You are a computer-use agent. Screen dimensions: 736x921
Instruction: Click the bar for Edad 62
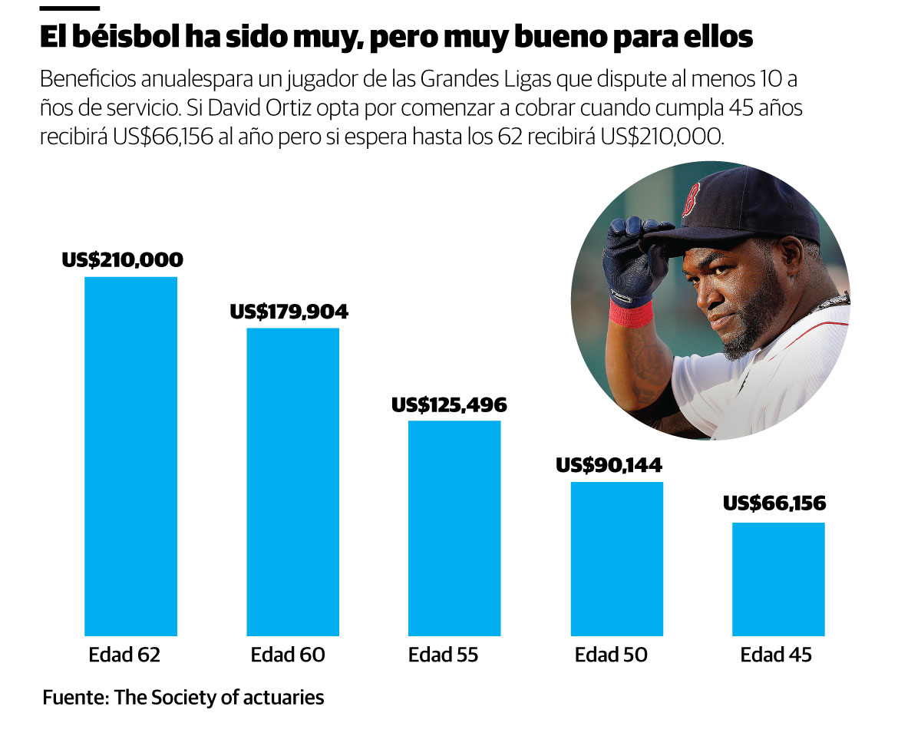click(x=130, y=456)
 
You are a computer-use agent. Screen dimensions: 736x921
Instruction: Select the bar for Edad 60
click(x=292, y=482)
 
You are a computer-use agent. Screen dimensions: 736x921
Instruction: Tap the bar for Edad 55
click(x=454, y=528)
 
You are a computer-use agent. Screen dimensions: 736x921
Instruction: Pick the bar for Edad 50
click(x=616, y=559)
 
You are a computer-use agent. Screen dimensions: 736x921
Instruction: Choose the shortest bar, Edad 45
click(x=778, y=579)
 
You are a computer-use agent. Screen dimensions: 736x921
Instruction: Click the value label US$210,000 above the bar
click(x=123, y=260)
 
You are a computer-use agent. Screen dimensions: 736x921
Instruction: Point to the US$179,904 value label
click(x=289, y=312)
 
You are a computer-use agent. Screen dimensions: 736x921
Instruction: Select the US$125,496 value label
click(x=449, y=404)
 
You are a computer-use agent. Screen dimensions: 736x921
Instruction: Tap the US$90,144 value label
click(x=609, y=465)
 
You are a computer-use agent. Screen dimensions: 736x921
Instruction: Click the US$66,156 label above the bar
click(x=774, y=504)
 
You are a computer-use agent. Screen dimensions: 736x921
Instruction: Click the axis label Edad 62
click(x=124, y=655)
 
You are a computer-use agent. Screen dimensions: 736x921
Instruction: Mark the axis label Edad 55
click(x=443, y=655)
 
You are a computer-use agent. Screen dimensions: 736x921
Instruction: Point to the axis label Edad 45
click(x=776, y=655)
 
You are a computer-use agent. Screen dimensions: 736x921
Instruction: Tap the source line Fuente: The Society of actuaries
click(x=183, y=698)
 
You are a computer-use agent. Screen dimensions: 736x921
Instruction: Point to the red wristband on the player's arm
click(x=630, y=313)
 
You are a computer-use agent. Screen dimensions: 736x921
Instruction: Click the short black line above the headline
click(x=69, y=8)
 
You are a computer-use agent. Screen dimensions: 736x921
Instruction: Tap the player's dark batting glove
click(x=631, y=257)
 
